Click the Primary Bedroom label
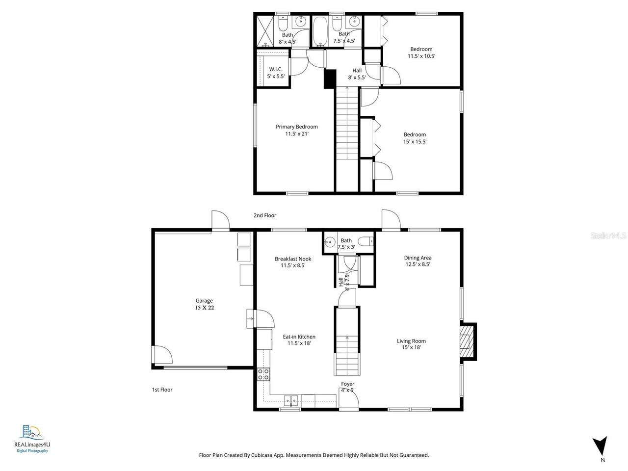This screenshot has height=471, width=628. (296, 127)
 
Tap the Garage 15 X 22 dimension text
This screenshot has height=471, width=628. (204, 308)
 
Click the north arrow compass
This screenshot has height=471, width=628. (600, 446)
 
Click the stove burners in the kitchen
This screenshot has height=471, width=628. (263, 374)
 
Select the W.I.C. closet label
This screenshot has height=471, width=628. (275, 69)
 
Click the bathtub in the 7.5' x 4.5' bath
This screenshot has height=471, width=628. (320, 31)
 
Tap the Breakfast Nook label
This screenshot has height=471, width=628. (293, 259)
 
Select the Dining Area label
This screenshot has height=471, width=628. (418, 258)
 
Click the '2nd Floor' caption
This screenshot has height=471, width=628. (265, 215)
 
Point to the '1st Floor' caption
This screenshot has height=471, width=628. (162, 390)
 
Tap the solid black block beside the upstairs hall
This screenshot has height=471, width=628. (330, 79)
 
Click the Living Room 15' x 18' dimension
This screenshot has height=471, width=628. (411, 347)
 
